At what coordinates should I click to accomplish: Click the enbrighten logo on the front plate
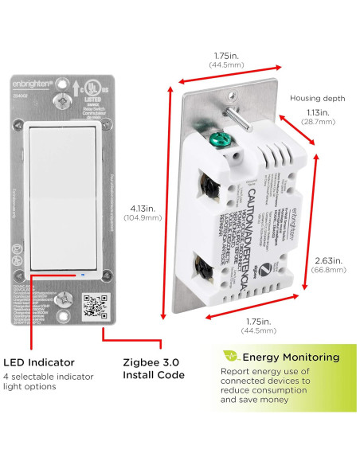pos(33,83)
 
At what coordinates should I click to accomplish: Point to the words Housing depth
pos(317,98)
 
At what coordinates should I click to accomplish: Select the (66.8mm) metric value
pos(328,270)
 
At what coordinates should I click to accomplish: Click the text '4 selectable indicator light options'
pos(49,381)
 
